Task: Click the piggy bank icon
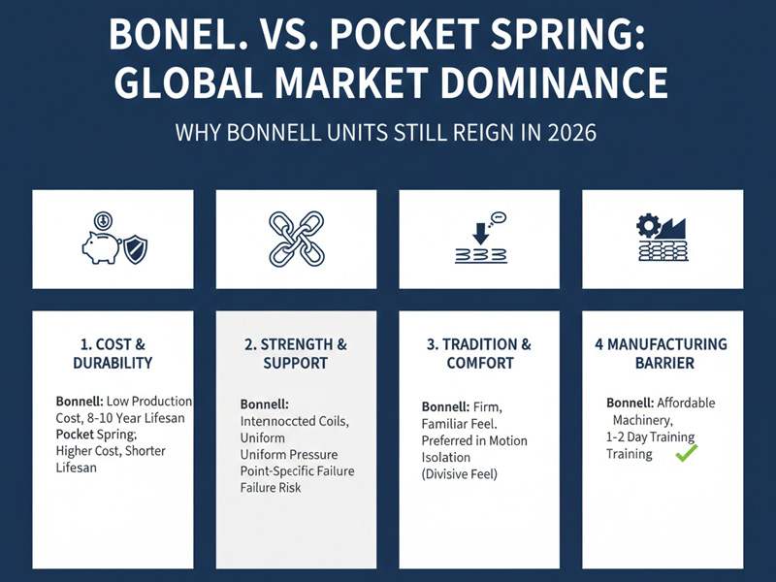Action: coord(100,245)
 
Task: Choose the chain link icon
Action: coord(295,239)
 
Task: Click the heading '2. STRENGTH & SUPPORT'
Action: coord(295,353)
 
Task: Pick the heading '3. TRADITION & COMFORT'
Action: coord(479,353)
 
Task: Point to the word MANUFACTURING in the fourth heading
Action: coord(670,343)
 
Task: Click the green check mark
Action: coord(686,453)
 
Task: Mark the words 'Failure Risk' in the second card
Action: coord(271,487)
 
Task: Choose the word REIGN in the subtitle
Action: coord(466,131)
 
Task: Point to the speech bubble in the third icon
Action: coord(499,217)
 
